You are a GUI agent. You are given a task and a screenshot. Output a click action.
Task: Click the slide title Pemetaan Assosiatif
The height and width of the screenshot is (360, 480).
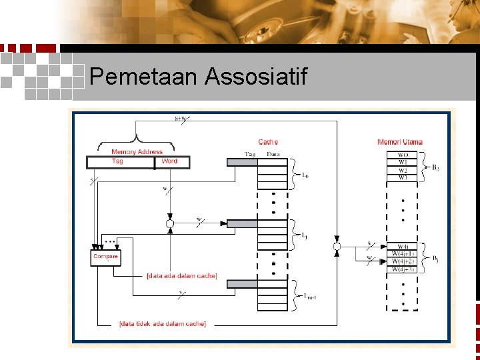coord(198,77)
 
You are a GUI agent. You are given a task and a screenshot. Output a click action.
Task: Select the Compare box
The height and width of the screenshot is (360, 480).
coord(105,257)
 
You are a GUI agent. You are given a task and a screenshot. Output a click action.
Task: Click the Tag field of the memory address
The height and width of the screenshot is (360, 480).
coord(117,161)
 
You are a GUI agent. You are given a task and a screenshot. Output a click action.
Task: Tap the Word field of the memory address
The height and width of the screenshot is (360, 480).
coord(169,161)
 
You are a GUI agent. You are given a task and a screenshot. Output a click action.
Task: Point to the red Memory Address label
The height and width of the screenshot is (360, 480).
coord(137,152)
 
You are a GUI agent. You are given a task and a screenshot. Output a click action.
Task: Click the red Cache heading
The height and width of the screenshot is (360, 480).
coord(268,142)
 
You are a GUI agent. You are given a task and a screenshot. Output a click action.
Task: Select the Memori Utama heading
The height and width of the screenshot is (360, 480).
coord(400,142)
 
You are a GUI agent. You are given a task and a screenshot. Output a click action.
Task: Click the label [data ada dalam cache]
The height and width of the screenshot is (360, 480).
coord(182,275)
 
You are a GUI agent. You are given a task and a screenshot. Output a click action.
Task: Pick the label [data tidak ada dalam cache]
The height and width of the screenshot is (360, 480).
coord(163,324)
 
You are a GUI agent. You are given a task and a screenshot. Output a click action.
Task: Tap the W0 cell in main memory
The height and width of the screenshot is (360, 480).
coord(402,155)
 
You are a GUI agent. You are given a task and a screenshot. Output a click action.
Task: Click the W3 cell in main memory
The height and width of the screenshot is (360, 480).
coord(402,177)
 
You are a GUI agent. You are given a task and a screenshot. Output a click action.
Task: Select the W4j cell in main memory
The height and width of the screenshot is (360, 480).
coord(402,247)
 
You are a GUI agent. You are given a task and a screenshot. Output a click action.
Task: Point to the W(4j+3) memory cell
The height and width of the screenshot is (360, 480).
coord(402,269)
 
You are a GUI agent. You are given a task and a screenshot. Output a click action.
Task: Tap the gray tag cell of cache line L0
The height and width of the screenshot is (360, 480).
coord(242,162)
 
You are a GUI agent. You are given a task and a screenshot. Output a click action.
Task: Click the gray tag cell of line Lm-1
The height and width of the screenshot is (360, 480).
coord(242,284)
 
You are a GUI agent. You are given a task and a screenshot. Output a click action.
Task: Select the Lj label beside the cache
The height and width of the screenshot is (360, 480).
coord(304,235)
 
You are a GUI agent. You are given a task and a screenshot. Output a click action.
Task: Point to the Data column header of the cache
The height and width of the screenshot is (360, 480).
coord(273,155)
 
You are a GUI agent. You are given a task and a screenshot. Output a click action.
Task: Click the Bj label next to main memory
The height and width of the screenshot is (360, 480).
coord(435,258)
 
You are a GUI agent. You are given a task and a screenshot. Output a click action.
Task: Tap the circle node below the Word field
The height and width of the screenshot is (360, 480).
coord(170,223)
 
